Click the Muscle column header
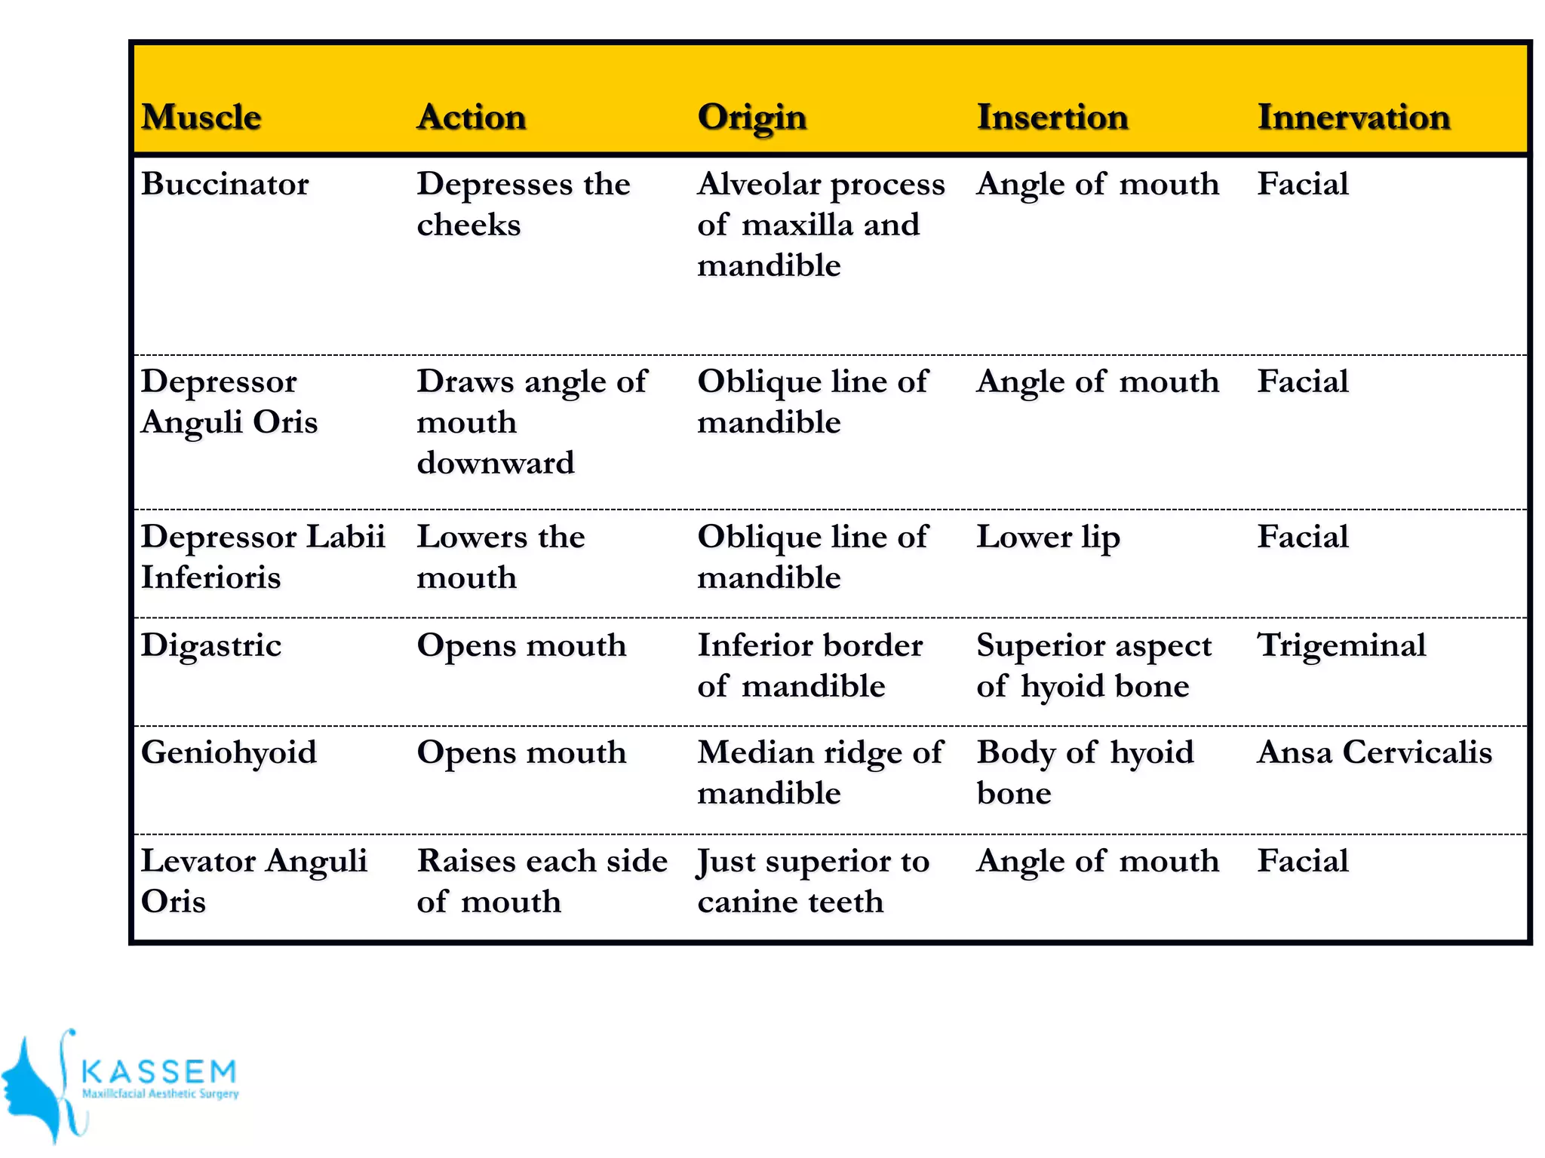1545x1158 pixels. click(201, 118)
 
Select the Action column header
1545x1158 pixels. click(471, 118)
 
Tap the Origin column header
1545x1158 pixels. click(752, 118)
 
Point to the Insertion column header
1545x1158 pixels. click(1052, 118)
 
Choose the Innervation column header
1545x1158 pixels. click(1353, 118)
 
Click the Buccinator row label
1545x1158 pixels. click(225, 184)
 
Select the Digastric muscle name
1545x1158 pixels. click(211, 645)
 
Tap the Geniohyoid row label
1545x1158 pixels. click(229, 752)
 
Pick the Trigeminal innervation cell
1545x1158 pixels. click(1341, 645)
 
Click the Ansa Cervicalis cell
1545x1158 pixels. click(1375, 752)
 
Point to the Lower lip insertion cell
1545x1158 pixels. click(1049, 538)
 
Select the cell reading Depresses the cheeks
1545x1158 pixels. click(523, 204)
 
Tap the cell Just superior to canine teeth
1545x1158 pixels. click(813, 881)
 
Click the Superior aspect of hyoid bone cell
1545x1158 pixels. click(1094, 666)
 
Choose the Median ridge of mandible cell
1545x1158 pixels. click(820, 773)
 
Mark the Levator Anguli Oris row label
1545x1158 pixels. click(253, 881)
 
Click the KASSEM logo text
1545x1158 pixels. click(159, 1071)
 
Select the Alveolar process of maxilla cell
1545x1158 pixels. click(821, 225)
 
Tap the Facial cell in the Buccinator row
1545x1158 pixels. click(1303, 184)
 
